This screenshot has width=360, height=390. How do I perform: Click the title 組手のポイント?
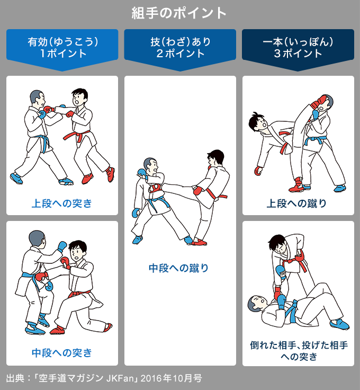tap(179, 13)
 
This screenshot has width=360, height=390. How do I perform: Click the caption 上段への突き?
tap(62, 203)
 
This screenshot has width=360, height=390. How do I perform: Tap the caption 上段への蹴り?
tap(298, 203)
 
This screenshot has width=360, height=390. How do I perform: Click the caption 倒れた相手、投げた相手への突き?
tap(298, 350)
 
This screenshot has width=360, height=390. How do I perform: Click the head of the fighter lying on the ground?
tap(256, 303)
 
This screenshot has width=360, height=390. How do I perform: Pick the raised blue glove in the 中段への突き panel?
tap(62, 246)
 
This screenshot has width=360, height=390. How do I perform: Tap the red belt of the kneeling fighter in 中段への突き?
tap(79, 294)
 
